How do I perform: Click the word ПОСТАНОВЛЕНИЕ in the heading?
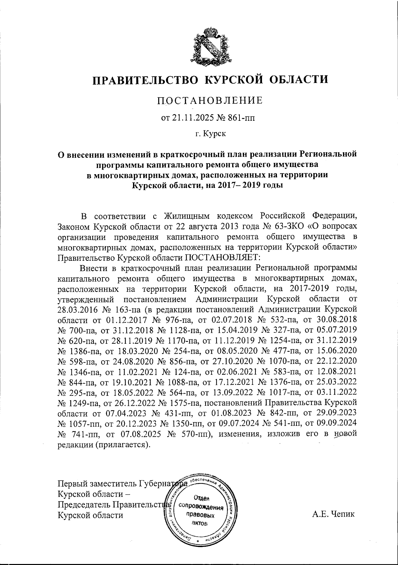click(210, 101)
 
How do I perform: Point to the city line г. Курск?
click(210, 134)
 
